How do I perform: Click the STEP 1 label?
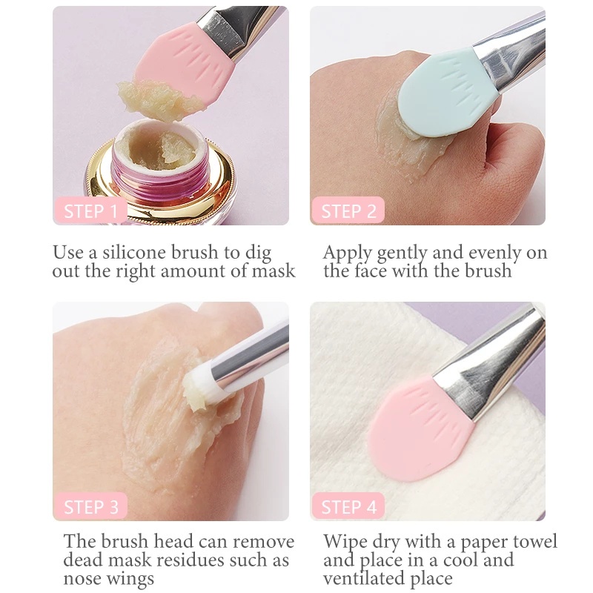tap(90, 211)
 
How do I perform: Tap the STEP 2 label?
tap(348, 211)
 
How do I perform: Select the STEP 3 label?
tap(90, 507)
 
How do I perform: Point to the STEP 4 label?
tap(348, 507)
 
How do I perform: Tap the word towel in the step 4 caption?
tap(530, 541)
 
